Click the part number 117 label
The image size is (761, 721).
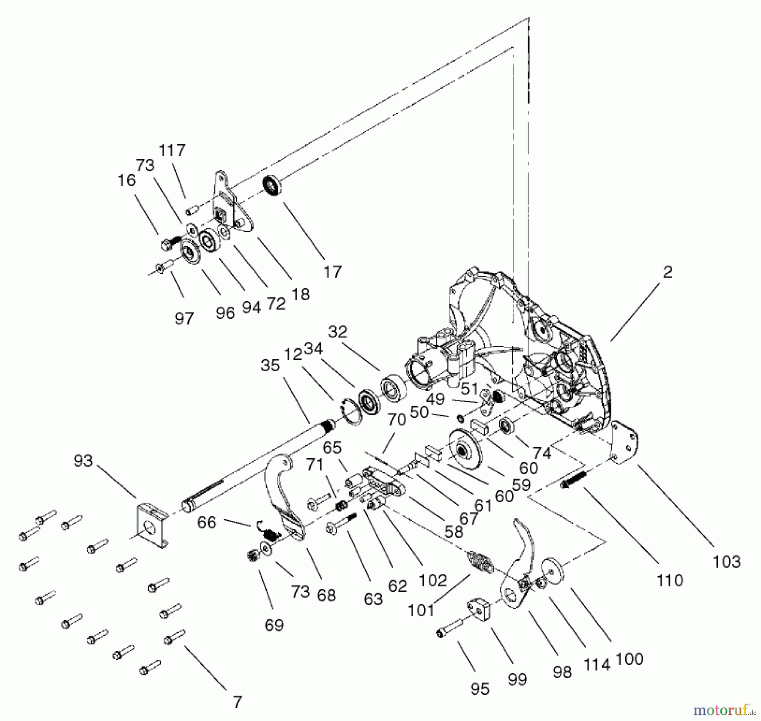click(x=172, y=150)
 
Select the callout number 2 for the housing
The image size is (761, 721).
click(x=668, y=272)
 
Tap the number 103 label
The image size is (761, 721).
click(x=726, y=562)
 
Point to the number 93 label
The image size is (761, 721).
click(x=83, y=460)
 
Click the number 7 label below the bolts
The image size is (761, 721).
click(x=238, y=702)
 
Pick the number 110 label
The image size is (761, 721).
click(x=670, y=581)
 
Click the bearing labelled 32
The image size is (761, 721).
click(x=393, y=386)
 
